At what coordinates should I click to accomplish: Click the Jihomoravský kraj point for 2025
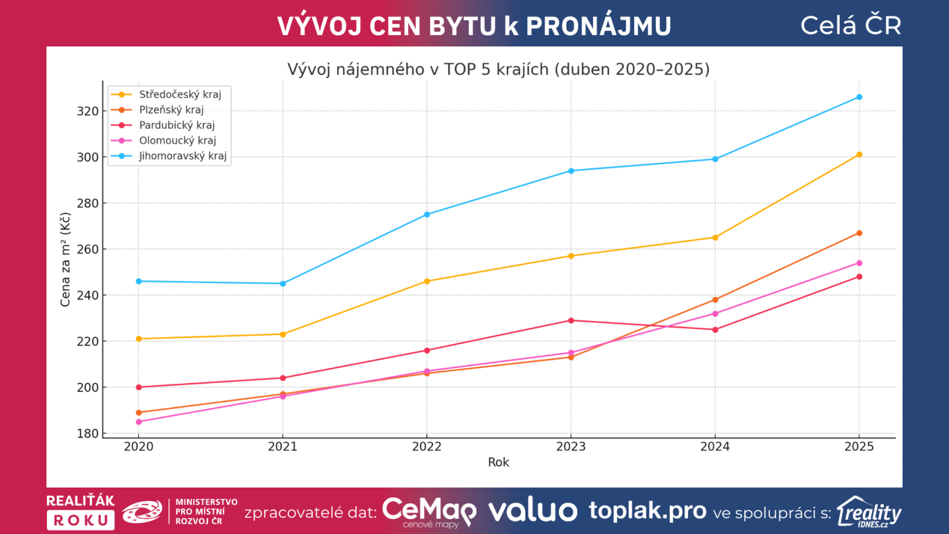859,97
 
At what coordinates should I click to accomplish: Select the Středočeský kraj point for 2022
427,281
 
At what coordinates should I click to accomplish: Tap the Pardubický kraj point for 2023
571,320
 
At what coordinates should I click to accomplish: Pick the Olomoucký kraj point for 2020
139,422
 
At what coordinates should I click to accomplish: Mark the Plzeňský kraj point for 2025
859,233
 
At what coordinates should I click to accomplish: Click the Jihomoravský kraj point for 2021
283,284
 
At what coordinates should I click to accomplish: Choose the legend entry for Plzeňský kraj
171,110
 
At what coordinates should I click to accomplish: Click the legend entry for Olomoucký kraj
177,141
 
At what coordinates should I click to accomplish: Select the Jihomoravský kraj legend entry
182,156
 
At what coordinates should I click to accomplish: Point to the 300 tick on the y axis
87,157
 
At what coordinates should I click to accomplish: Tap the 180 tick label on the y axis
87,434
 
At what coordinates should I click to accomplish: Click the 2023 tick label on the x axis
571,447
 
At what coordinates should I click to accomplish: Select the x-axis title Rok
498,462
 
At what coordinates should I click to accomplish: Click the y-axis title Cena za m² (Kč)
65,259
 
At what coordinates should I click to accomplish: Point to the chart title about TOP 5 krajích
498,69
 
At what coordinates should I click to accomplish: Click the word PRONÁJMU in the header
598,26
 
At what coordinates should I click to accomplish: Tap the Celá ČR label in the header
851,26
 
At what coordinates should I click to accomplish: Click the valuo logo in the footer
533,511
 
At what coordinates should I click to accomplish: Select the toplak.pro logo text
647,510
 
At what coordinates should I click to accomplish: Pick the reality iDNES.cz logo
869,512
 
